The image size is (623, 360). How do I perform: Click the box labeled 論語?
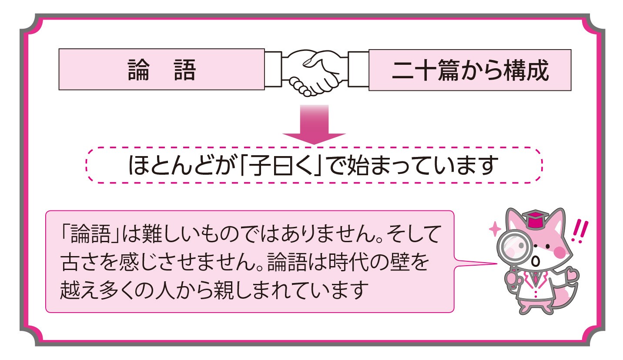(162, 70)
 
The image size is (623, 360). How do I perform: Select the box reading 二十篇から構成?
(469, 70)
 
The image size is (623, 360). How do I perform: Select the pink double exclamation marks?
(580, 231)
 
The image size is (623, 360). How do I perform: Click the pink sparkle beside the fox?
(495, 229)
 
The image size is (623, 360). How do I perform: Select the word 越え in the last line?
(81, 288)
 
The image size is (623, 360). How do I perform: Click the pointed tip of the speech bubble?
(496, 263)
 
